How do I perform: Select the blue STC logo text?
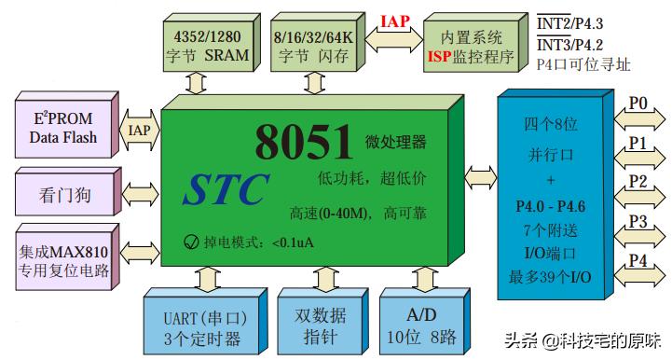coord(226,188)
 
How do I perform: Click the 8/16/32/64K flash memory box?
coord(313,44)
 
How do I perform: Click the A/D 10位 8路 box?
coord(422,326)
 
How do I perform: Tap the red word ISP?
coord(439,56)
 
